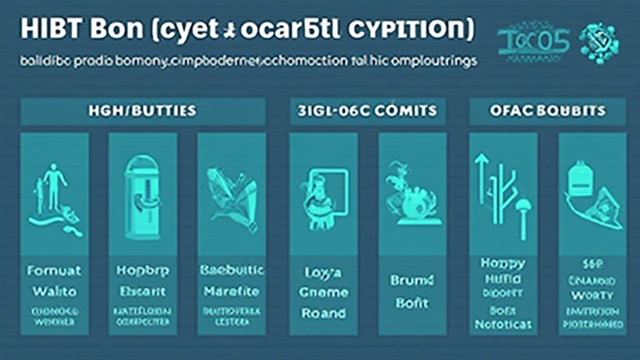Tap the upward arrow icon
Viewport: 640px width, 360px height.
(x=481, y=181)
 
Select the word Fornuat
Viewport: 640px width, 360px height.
(x=54, y=272)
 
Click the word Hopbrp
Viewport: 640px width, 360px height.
(x=143, y=272)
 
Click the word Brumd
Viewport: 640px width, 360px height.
(x=412, y=281)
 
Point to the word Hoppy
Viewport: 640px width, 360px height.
(x=502, y=263)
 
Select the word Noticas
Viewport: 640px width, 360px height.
(x=502, y=324)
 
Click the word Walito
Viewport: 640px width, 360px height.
(x=54, y=291)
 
